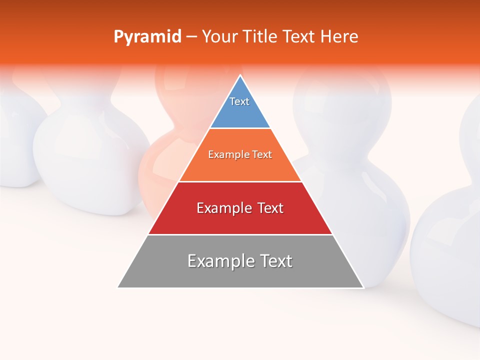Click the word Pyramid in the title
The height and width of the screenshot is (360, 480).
tap(147, 37)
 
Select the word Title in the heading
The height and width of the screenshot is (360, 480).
tap(260, 37)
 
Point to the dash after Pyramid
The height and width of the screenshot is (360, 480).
tap(191, 37)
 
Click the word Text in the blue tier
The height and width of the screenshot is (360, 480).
tap(239, 101)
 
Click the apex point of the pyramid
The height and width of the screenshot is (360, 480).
tap(240, 75)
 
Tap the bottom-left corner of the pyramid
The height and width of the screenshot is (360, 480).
tap(118, 287)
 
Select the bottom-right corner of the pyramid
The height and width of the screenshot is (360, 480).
tap(363, 287)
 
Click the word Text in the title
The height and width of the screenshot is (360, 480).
tap(299, 37)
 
